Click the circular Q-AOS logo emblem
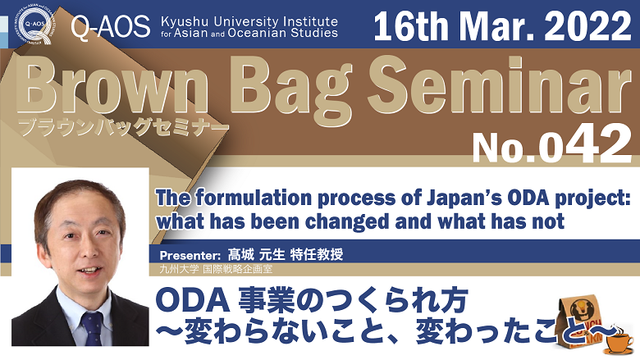click(34, 25)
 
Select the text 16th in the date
click(412, 25)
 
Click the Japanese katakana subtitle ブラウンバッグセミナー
click(122, 127)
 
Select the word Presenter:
click(190, 256)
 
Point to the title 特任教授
click(317, 255)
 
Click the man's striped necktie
click(92, 329)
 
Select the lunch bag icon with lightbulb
click(580, 322)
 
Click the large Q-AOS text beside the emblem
click(111, 27)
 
